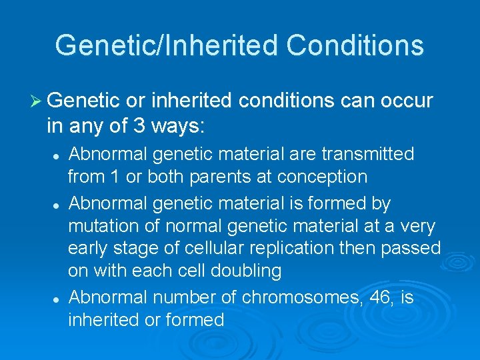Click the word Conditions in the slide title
tap(355, 46)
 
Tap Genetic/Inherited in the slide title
tap(167, 46)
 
